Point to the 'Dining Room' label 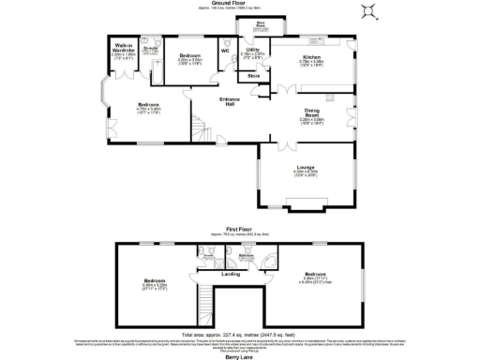311,114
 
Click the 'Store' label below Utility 253,75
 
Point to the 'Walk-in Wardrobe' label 124,48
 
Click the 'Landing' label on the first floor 230,274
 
